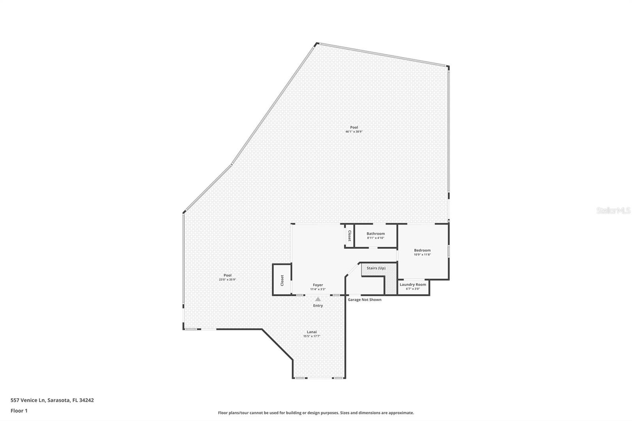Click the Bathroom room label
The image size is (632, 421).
(375, 234)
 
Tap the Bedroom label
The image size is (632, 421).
(422, 250)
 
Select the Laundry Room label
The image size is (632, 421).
(413, 284)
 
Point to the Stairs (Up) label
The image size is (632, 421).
(376, 268)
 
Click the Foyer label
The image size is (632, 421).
(318, 285)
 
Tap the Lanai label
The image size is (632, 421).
(312, 332)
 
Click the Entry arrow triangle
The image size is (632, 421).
(318, 299)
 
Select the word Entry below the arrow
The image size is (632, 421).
(318, 306)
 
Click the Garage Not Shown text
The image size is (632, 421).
(365, 300)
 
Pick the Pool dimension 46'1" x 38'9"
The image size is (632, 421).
(354, 132)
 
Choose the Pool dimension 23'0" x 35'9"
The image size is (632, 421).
(228, 280)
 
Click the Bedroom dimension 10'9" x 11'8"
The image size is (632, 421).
(422, 255)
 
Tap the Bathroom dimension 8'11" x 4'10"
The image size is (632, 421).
(375, 238)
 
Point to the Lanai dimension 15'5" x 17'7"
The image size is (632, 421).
(312, 336)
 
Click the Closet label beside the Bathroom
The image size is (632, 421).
(349, 236)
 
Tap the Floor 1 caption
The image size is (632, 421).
(19, 411)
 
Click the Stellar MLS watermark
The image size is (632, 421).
(613, 211)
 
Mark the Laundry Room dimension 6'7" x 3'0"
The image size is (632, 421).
(413, 289)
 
